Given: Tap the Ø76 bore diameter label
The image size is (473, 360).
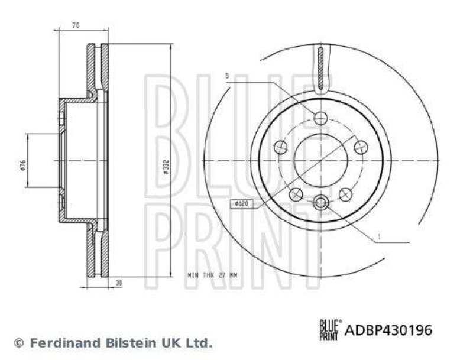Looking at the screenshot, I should [21, 165].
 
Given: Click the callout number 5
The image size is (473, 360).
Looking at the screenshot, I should [227, 76].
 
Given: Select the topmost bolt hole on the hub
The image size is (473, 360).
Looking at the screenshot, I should [320, 118].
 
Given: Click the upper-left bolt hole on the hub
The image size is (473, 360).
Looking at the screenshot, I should [280, 147].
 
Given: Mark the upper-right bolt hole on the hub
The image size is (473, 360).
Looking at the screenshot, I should [361, 147].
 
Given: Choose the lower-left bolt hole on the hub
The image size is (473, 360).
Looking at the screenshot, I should [296, 193].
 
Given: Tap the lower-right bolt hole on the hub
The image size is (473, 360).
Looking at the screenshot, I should [345, 193].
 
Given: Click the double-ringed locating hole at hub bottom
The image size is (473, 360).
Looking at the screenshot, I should [320, 203].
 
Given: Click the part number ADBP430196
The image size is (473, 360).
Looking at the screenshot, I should [388, 330].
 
